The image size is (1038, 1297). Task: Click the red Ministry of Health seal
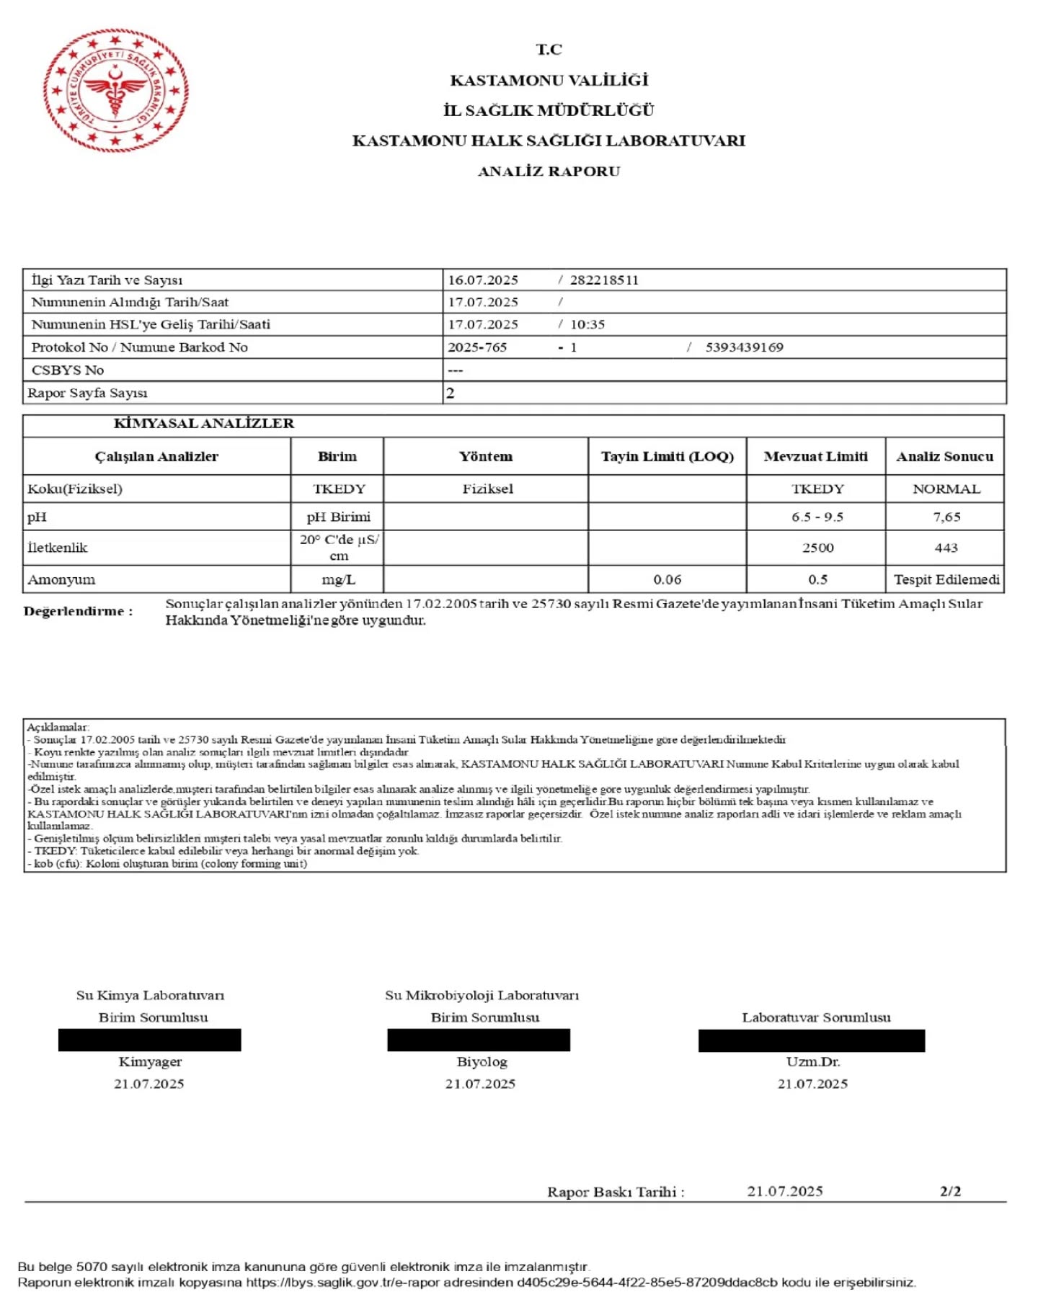[115, 91]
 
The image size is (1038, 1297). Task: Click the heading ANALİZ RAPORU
[549, 171]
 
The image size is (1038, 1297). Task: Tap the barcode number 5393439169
[744, 347]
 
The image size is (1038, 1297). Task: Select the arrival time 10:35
[587, 324]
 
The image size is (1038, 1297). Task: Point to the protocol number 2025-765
[477, 347]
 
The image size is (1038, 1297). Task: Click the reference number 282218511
[604, 280]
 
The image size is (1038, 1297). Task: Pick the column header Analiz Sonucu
[944, 456]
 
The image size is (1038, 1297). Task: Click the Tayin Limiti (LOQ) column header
[667, 456]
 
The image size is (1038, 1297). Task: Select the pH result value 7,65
[946, 517]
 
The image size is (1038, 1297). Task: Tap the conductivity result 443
[946, 548]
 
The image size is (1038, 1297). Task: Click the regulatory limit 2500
[817, 548]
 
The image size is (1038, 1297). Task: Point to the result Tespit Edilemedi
[946, 579]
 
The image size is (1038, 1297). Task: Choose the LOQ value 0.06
[667, 579]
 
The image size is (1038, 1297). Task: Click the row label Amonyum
[61, 579]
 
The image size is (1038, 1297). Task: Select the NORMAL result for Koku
[946, 489]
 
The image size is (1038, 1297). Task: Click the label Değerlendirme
[78, 611]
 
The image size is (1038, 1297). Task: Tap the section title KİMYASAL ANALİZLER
[204, 424]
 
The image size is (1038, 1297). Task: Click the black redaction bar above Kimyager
[149, 1040]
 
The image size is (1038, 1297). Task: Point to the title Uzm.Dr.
[812, 1061]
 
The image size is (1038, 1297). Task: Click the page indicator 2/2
[950, 1191]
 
